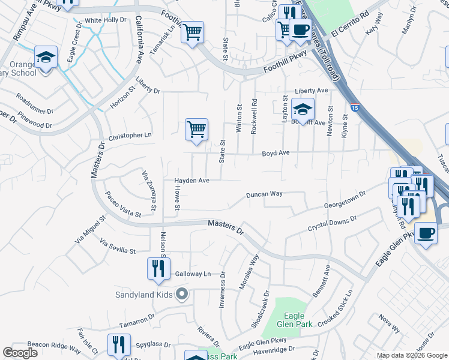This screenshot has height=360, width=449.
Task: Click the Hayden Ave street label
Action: pos(191,181)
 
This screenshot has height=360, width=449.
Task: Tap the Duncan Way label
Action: pos(264,194)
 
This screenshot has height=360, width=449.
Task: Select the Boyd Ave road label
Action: pos(276,154)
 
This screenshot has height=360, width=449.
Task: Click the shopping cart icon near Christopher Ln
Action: pos(196,130)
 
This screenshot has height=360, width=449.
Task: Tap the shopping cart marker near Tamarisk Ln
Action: pos(192,32)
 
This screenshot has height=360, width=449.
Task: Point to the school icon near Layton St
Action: pos(303,109)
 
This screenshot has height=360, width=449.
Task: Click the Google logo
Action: pos(20,353)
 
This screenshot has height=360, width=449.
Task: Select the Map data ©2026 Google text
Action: pos(411,355)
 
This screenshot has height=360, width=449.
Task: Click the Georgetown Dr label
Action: pos(345,200)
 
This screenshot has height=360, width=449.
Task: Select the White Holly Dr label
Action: pos(106,20)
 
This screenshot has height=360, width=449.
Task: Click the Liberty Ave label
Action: pos(311,91)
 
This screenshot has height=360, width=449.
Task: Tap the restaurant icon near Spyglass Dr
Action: pos(119,344)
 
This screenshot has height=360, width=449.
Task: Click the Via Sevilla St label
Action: pos(118,247)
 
